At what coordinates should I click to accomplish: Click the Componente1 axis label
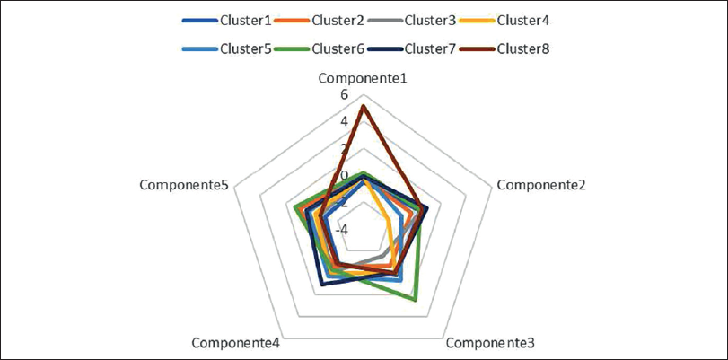point(364,79)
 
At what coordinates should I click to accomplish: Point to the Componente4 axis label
point(236,342)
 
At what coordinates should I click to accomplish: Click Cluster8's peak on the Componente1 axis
point(363,107)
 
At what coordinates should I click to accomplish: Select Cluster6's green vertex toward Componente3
point(417,298)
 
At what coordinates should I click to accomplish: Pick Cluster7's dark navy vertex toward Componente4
point(322,285)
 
